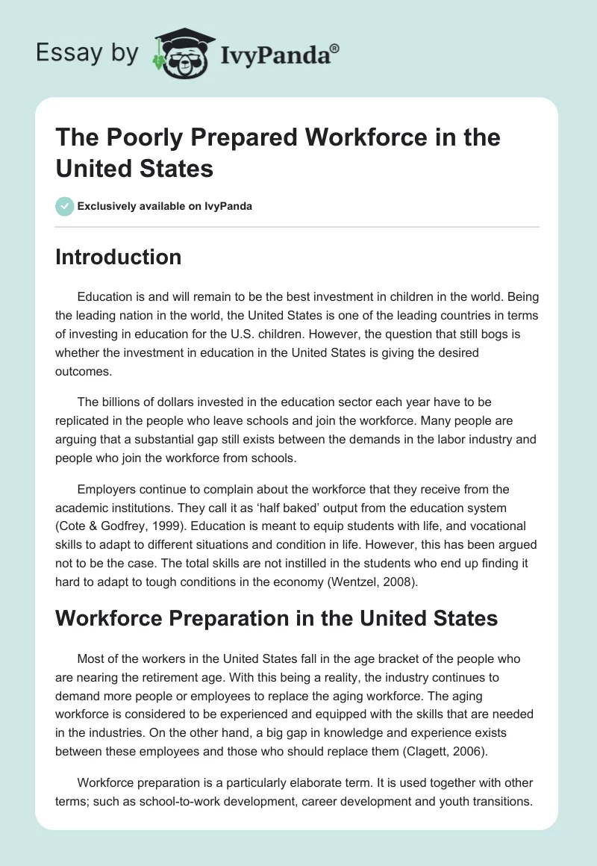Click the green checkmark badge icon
coord(65,206)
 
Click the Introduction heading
coord(118,257)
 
